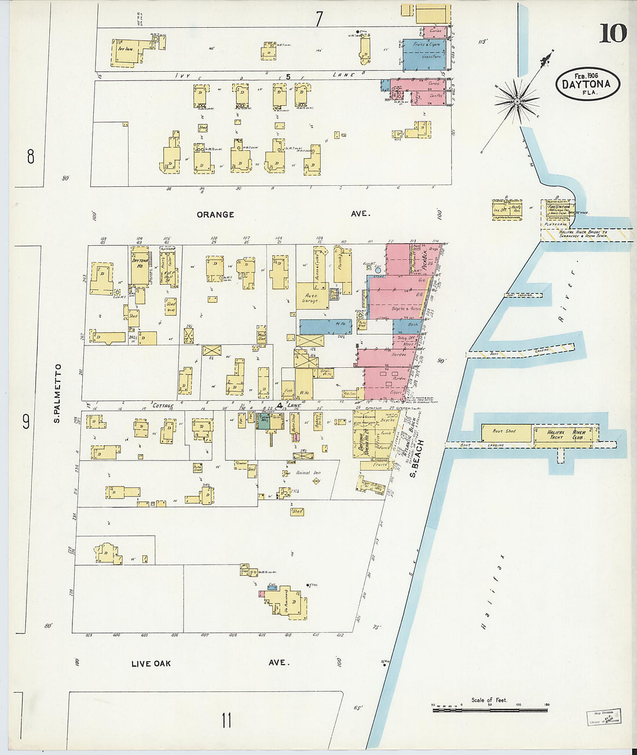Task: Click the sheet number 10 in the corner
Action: [x=613, y=34]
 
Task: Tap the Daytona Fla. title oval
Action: [x=588, y=84]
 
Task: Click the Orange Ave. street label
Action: [x=215, y=214]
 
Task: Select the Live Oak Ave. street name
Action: [x=151, y=663]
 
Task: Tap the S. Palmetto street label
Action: [x=57, y=393]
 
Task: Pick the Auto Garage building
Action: [x=312, y=298]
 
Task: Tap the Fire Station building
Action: [x=559, y=209]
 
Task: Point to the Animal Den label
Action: [x=307, y=473]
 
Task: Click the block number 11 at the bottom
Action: [x=226, y=720]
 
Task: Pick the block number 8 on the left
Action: [x=31, y=156]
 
